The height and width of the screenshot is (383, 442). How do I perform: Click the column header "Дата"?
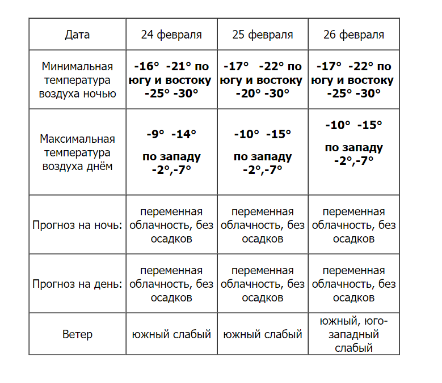(77, 35)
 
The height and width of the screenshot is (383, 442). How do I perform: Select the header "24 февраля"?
(171, 35)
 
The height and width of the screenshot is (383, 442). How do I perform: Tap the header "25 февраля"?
(263, 35)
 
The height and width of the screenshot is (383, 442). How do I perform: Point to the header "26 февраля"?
(353, 35)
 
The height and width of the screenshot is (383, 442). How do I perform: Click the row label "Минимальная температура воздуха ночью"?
(77, 80)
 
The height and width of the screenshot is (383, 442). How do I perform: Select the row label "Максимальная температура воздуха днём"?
(77, 152)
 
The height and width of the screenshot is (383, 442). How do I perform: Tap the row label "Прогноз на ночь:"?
(77, 225)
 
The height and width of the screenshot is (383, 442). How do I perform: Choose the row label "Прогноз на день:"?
(77, 284)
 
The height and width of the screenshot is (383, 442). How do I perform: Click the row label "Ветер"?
(77, 334)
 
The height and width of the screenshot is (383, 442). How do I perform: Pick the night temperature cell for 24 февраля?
(171, 80)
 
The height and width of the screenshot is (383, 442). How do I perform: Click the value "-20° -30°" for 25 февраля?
(263, 93)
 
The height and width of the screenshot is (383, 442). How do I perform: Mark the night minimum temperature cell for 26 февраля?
(353, 80)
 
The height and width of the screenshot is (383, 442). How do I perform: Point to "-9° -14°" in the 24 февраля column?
(171, 134)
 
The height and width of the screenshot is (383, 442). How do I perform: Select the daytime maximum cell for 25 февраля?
(263, 152)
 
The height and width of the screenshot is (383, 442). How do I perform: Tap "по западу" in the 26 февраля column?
(353, 148)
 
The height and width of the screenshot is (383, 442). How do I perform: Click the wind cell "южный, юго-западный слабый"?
(353, 334)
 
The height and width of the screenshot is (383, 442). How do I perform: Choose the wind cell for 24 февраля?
(171, 334)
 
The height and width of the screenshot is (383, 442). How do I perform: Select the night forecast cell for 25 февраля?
(263, 225)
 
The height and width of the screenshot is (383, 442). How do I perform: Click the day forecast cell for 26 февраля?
(353, 284)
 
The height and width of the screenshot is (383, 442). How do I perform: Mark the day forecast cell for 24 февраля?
(171, 284)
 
